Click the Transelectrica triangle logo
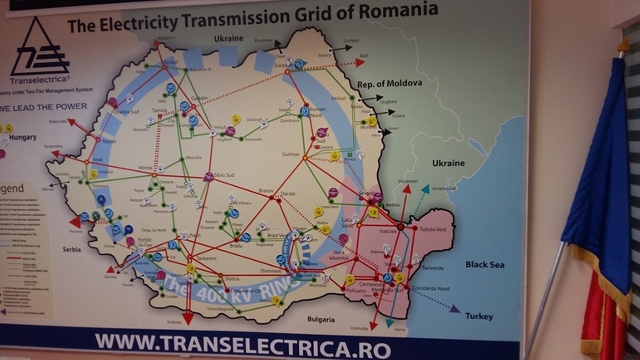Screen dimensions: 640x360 tap(40, 47)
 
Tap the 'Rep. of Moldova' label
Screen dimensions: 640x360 tap(390, 83)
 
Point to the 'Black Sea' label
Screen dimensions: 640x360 tap(485, 264)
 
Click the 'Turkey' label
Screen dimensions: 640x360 tap(479, 316)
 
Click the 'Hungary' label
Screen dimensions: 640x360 tap(22, 137)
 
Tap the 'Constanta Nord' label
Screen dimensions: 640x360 tap(430, 289)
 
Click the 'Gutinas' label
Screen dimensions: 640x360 tap(290, 155)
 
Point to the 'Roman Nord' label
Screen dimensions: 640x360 tap(318, 112)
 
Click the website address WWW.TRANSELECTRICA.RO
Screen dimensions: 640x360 tap(243, 344)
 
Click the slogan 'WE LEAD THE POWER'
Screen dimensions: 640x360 tap(44, 106)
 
